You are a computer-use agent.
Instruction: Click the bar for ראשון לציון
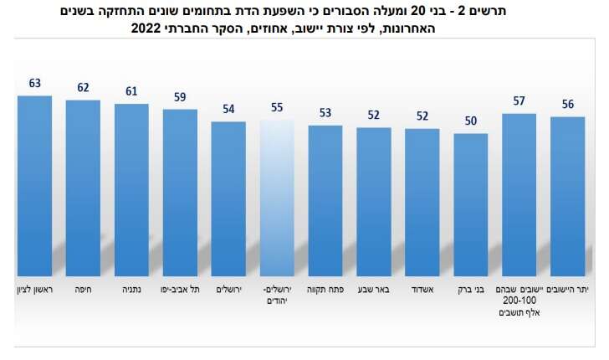click(34, 184)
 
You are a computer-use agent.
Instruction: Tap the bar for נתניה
click(131, 188)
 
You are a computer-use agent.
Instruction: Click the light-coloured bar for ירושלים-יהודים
click(277, 196)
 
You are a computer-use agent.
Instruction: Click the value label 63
click(34, 83)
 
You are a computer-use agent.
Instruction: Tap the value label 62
click(83, 87)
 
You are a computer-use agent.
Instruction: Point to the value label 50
click(471, 121)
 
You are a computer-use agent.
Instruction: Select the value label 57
click(519, 100)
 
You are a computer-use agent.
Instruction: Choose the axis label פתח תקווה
click(325, 289)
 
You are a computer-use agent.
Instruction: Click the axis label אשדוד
click(422, 289)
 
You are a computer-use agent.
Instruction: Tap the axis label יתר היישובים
click(568, 289)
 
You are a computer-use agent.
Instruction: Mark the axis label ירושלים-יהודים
click(277, 294)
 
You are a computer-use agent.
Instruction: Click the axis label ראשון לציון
click(34, 289)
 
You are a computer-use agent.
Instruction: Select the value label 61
click(131, 91)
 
